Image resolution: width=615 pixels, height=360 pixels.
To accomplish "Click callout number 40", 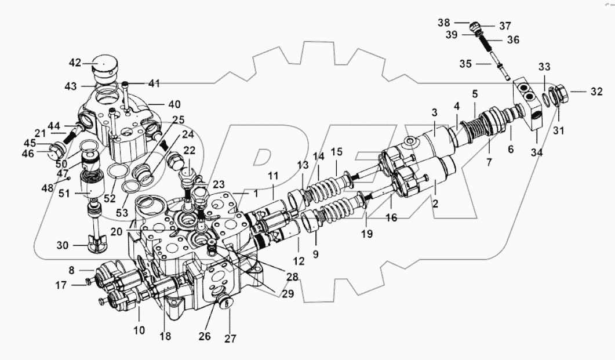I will (174, 104).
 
